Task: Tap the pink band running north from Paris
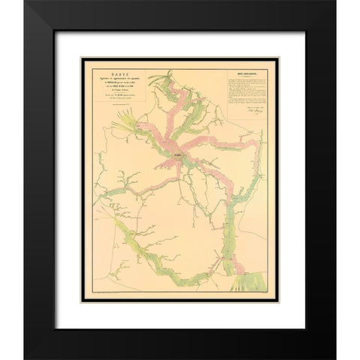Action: (x=176, y=112)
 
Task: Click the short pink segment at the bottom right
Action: (x=238, y=265)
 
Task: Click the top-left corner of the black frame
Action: (x=25, y=3)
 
